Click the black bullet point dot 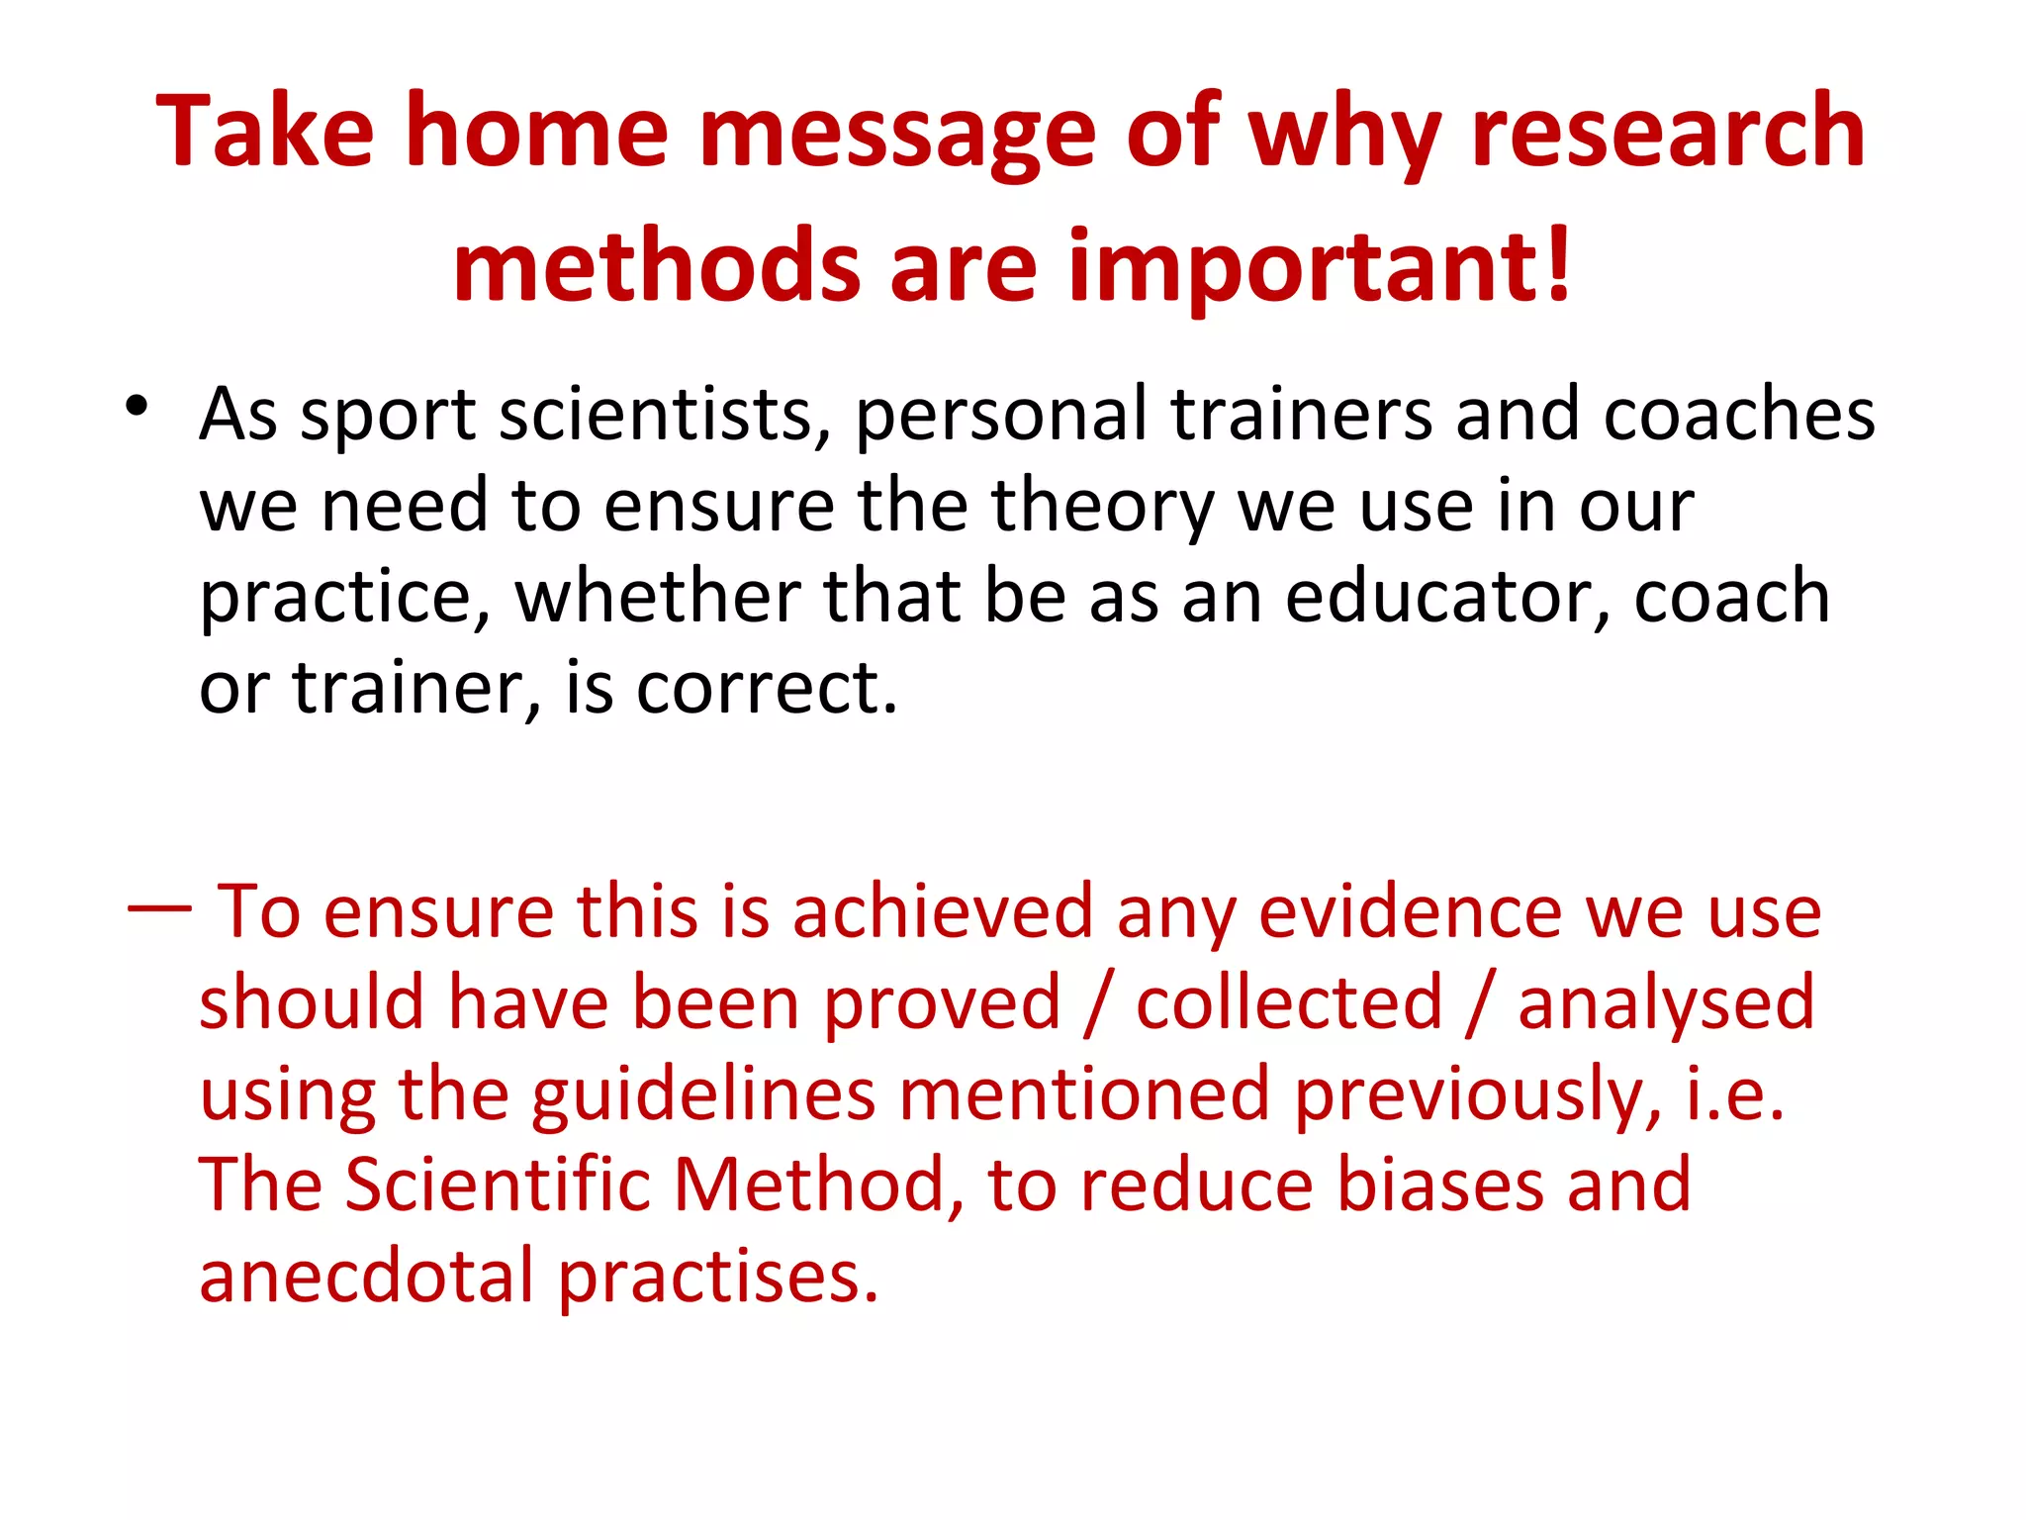(137, 406)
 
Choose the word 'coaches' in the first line (1738, 414)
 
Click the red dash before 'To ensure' (159, 906)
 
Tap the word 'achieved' (942, 910)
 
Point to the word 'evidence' (1410, 910)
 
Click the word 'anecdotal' (367, 1277)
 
